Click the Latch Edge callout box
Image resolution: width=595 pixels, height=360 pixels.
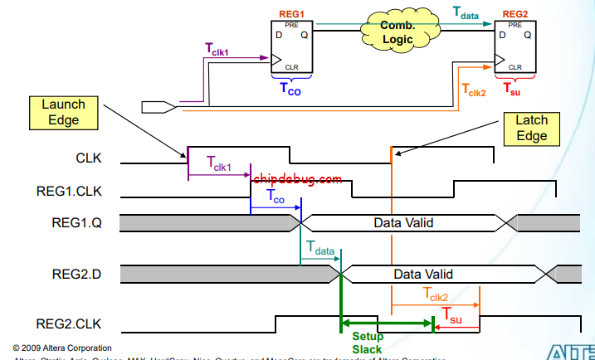pos(532,128)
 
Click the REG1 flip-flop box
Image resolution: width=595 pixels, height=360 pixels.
pos(290,46)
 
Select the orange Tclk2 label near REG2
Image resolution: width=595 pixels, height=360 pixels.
pos(473,88)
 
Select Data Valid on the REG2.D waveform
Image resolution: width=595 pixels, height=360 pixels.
pos(423,274)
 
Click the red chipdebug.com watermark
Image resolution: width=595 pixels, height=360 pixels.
pos(297,178)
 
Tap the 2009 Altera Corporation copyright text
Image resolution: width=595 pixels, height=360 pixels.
pos(62,347)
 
